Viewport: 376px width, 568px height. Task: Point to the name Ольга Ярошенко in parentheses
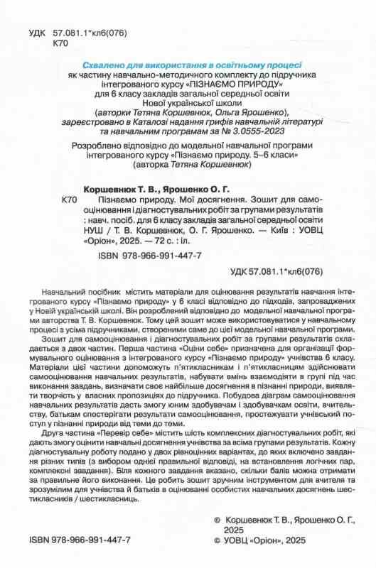pyautogui.click(x=249, y=111)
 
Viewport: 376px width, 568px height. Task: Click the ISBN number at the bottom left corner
pyautogui.click(x=78, y=540)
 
